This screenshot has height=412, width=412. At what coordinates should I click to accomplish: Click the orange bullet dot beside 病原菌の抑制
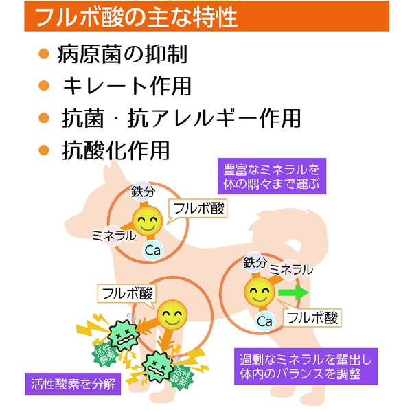46,54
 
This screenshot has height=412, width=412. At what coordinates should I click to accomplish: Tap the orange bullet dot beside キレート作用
46,86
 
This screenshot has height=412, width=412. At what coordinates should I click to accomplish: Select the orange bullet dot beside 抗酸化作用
46,149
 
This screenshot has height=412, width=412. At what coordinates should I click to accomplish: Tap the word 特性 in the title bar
217,16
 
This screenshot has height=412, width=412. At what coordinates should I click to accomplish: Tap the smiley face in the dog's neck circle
146,222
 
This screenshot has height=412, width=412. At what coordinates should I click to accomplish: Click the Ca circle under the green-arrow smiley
264,321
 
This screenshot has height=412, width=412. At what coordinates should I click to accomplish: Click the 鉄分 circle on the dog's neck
141,192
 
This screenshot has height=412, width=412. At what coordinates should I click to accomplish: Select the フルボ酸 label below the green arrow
312,317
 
